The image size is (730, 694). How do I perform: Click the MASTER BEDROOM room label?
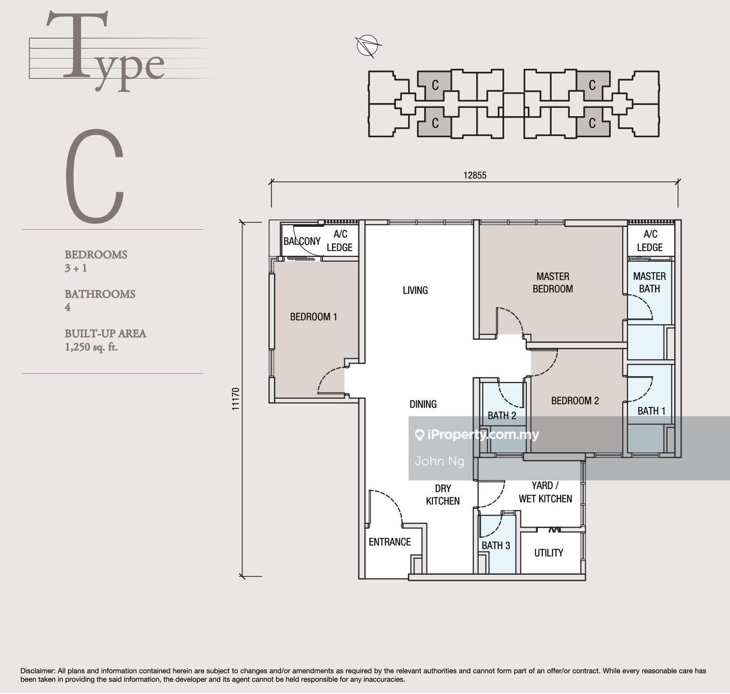553,283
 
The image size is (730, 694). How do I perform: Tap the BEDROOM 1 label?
313,317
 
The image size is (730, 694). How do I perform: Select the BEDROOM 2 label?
575,401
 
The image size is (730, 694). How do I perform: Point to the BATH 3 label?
496,546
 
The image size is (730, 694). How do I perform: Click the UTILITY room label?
549,553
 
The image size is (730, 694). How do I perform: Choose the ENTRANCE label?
389,542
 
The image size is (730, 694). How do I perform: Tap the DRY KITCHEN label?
443,495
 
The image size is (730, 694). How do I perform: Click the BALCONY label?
302,241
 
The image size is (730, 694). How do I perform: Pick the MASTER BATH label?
649,283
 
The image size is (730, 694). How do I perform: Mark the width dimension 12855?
474,175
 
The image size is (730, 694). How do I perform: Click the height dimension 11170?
236,399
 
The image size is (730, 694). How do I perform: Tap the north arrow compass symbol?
367,46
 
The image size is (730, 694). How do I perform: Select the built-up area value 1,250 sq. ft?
91,347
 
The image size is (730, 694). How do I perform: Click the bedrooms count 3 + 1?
76,268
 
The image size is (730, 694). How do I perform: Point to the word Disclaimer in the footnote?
38,671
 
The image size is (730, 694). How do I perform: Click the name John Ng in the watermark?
439,461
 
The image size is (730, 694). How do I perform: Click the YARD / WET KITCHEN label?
545,492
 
